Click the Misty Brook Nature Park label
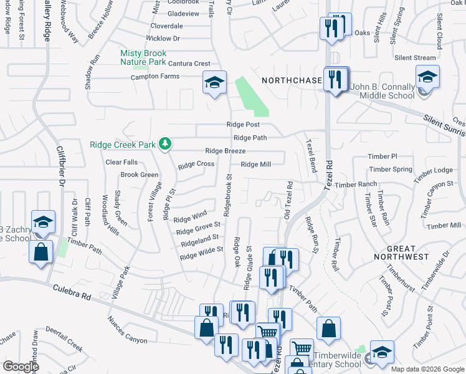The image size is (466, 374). tap(143, 58)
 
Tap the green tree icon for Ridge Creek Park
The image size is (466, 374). tap(165, 144)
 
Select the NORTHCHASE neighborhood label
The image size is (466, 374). tap(292, 80)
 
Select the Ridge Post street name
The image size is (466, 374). tap(243, 125)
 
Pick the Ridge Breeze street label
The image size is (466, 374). tap(225, 151)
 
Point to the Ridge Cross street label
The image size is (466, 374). tap(196, 165)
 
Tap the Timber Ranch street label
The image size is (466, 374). tap(356, 185)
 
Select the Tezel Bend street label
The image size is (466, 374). tap(310, 155)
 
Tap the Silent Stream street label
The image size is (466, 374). tap(415, 58)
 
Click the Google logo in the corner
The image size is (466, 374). tap(21, 366)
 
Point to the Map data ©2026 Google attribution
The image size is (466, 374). tap(427, 369)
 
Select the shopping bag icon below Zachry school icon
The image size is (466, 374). tap(40, 253)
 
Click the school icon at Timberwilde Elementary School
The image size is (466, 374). tap(382, 351)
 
